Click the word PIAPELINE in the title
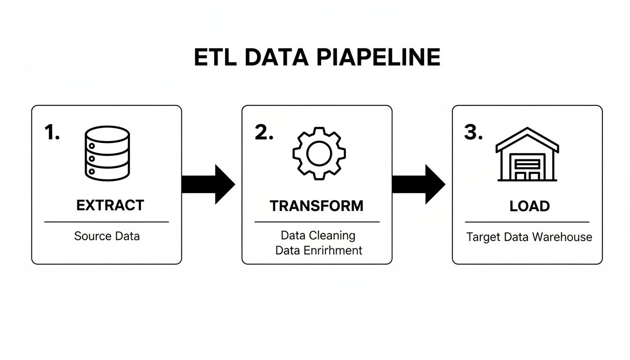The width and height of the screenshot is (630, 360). [378, 58]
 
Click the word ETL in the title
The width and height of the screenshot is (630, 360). [214, 58]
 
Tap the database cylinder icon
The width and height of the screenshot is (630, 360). [107, 153]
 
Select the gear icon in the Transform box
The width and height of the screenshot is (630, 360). [319, 153]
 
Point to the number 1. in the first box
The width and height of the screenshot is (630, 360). [52, 133]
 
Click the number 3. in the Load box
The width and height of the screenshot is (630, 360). [473, 133]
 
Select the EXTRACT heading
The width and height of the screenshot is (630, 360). [110, 205]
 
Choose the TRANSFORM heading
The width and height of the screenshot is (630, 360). [316, 206]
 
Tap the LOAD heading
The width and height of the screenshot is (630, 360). [530, 206]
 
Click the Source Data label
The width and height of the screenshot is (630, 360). [107, 236]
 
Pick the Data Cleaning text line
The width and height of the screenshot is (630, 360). [318, 235]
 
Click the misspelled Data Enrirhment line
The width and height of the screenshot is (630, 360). [319, 250]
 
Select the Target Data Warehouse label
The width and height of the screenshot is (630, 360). [529, 237]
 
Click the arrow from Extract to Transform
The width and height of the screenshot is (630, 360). [208, 184]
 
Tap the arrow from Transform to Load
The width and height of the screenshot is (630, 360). [419, 184]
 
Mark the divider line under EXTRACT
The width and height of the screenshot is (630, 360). [106, 222]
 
